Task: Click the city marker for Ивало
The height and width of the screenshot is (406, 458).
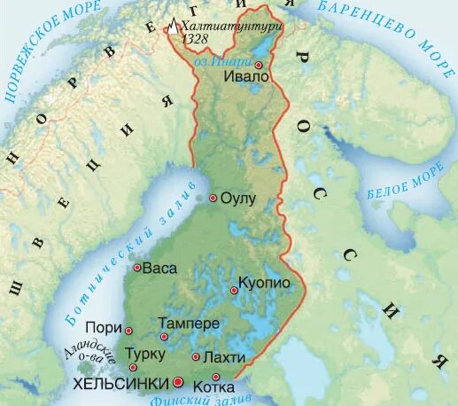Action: pos(259,66)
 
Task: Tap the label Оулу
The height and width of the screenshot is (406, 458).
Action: pos(237,199)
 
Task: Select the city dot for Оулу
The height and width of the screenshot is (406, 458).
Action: pos(213,199)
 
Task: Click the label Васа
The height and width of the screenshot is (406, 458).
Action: pos(159,268)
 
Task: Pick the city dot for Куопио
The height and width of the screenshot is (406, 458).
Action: pos(234,290)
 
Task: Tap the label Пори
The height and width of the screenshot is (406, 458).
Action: pos(105,329)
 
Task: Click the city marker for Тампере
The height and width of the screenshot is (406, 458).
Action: pos(164,337)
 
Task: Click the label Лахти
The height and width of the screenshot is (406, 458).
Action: pos(219,356)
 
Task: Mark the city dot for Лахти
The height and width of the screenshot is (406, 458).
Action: pos(196,357)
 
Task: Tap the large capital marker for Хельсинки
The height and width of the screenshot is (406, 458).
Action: pos(178,382)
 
